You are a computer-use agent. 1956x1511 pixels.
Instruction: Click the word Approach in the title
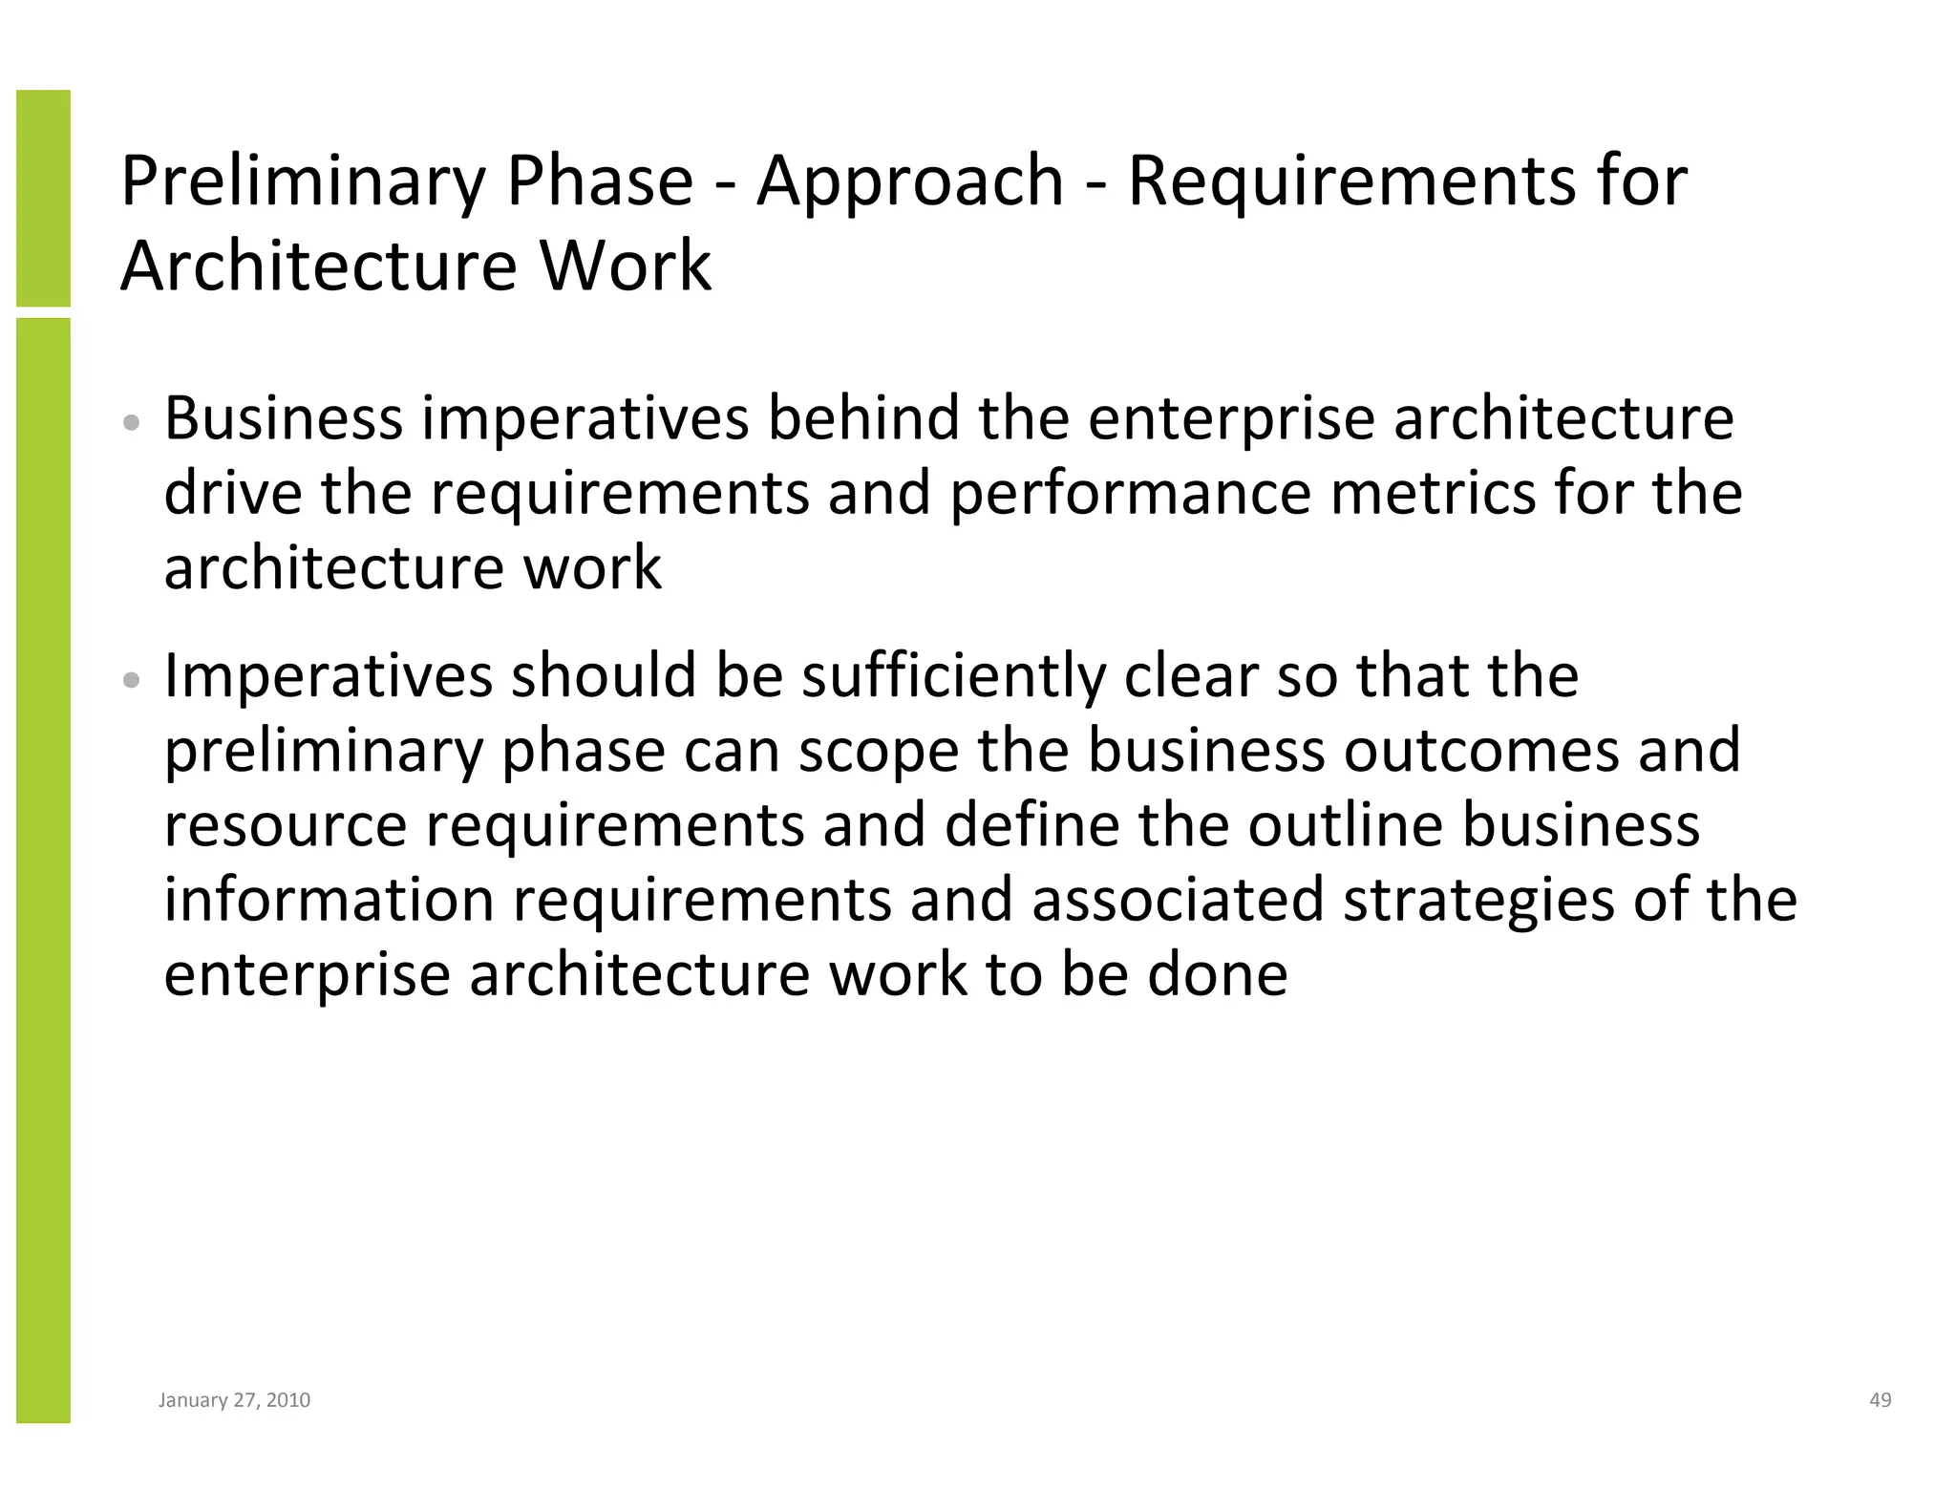point(909,182)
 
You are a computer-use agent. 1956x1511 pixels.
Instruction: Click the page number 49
point(1880,1400)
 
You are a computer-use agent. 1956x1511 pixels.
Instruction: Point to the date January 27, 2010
point(234,1400)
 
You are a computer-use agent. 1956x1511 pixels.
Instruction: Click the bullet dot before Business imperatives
point(133,422)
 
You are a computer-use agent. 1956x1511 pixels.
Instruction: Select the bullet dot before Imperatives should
point(133,680)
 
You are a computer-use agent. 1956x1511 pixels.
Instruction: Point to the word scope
point(878,751)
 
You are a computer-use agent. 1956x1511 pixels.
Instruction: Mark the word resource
point(285,825)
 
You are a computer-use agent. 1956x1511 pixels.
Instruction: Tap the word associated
point(1178,900)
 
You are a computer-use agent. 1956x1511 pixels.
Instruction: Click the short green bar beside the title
point(43,198)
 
